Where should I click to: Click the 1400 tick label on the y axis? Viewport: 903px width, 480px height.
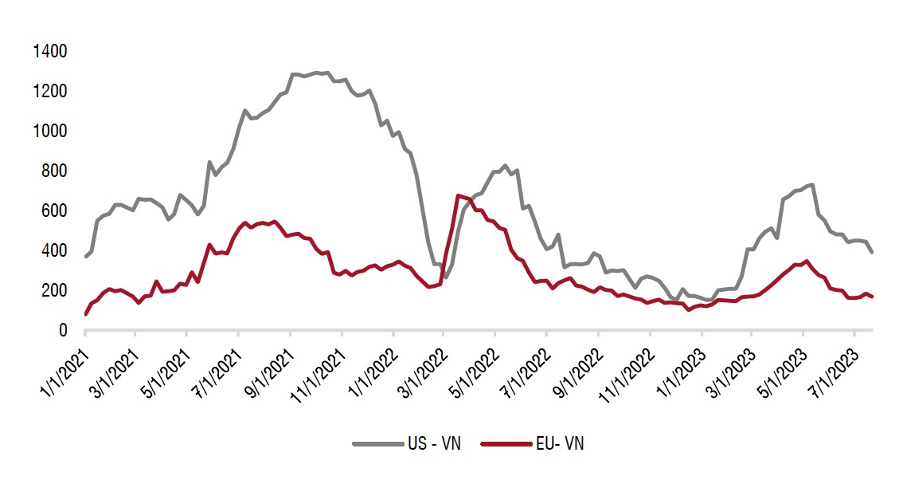click(x=50, y=52)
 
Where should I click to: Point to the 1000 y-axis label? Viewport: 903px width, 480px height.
click(x=50, y=132)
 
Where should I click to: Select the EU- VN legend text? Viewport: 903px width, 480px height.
click(x=561, y=444)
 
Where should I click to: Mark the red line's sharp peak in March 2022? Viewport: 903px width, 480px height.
click(x=459, y=195)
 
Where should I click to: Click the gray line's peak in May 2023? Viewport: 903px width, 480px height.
click(x=811, y=185)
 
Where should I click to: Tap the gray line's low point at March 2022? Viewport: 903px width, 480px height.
click(x=447, y=277)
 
